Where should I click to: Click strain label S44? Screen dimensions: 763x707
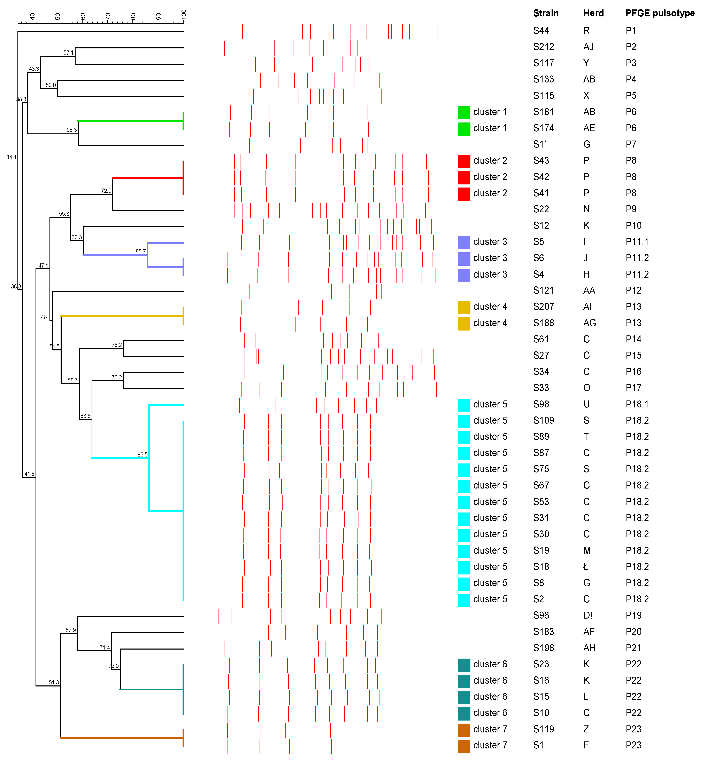tap(541, 31)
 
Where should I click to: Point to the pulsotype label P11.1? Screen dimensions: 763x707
tap(637, 242)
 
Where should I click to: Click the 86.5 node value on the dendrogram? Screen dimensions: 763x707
tap(142, 454)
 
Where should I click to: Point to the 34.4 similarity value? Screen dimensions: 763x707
tap(11, 158)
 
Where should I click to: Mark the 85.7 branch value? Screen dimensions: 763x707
tap(140, 252)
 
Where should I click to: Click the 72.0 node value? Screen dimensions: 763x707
tap(106, 191)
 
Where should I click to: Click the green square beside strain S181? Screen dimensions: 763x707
tap(464, 112)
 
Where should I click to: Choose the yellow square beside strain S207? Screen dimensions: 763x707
tap(464, 307)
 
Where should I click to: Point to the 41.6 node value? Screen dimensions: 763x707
tap(29, 474)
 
